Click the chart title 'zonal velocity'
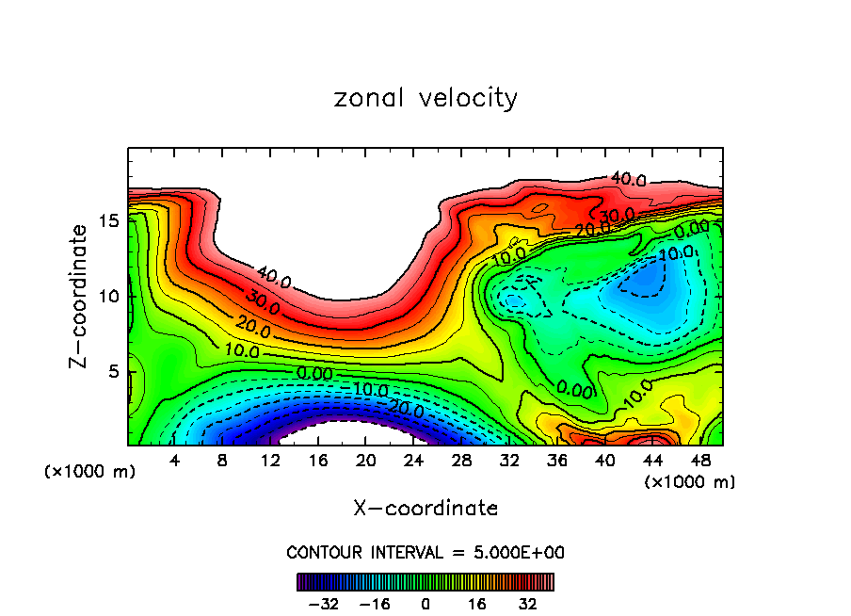tap(425, 98)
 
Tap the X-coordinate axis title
tap(425, 509)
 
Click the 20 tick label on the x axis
tap(366, 461)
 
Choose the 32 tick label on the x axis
tap(509, 461)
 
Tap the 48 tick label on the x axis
tap(700, 461)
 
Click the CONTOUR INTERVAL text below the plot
tap(425, 552)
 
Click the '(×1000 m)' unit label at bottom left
tap(90, 471)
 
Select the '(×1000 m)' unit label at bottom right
tap(690, 481)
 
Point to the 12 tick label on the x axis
tap(271, 461)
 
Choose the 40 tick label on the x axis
tap(605, 461)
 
